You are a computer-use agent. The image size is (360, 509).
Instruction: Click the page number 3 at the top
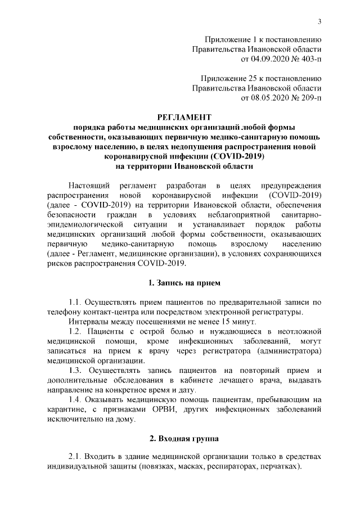tap(319, 22)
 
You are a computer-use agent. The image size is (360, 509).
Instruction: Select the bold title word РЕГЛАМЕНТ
tap(179, 117)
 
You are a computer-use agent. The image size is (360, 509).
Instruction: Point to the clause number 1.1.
tap(75, 301)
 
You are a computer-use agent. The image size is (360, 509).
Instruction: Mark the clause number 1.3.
tap(75, 370)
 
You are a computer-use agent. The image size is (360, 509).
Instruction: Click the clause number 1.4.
tap(75, 399)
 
